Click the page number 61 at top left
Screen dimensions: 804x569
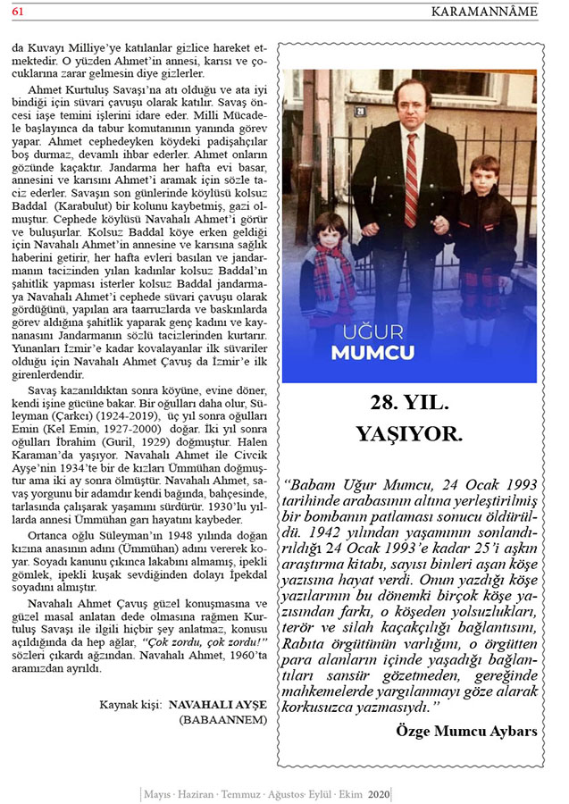(18, 10)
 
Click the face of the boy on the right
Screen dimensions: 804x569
(484, 176)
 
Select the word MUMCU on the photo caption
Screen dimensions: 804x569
(372, 351)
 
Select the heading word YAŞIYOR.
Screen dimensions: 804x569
(409, 434)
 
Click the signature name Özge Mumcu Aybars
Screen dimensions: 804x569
(466, 731)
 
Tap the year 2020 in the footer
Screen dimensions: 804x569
(380, 793)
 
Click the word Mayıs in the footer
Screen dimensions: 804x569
(157, 793)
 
